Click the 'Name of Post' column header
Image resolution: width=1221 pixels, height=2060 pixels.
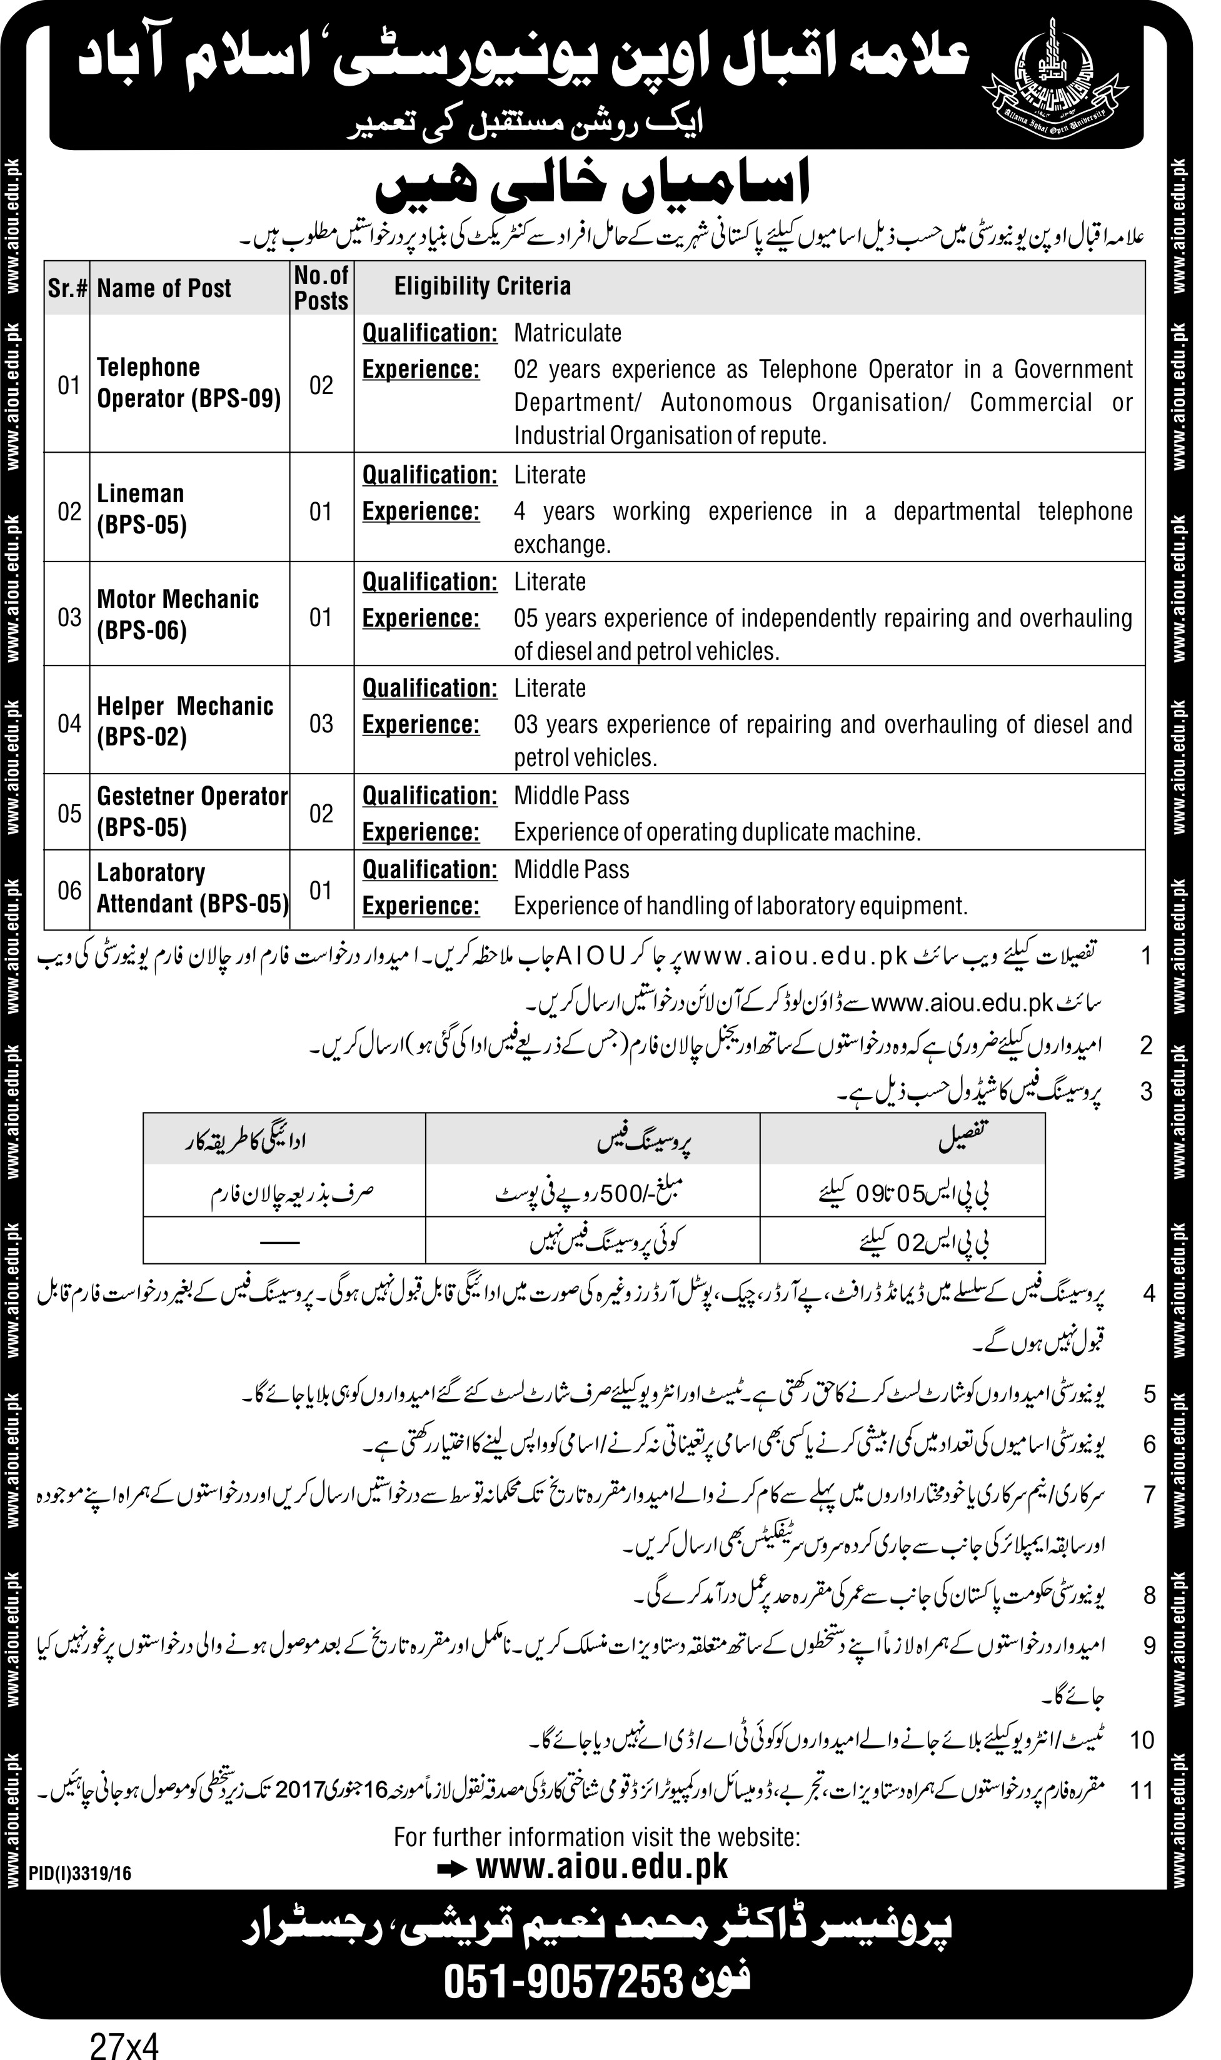click(x=164, y=288)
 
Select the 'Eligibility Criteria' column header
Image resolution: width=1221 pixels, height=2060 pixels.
click(x=482, y=286)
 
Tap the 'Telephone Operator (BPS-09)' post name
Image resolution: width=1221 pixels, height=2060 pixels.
click(x=188, y=383)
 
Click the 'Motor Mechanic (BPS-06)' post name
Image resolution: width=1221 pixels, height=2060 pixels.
click(x=178, y=615)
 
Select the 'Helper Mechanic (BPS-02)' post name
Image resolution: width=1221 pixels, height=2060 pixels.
click(x=184, y=721)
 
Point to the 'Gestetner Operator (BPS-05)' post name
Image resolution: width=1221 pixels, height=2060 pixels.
click(x=192, y=812)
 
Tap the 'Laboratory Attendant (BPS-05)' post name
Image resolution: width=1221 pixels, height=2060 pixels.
click(x=193, y=888)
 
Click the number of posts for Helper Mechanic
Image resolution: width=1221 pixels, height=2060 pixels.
click(x=321, y=724)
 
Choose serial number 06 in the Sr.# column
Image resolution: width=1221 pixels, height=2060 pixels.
click(x=69, y=890)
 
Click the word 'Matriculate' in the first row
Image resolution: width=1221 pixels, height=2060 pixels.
click(x=568, y=333)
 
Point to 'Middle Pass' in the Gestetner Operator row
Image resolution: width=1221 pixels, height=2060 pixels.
click(x=571, y=796)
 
